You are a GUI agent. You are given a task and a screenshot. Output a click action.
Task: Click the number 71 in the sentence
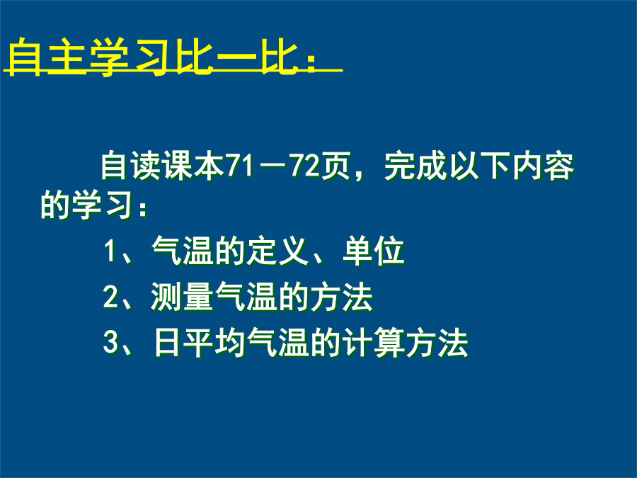coord(241,166)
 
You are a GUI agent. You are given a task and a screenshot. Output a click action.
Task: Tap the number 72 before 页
coord(304,166)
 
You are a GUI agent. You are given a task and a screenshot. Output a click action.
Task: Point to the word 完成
coord(415,166)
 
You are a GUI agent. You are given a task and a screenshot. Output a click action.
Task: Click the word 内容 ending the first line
coord(543,166)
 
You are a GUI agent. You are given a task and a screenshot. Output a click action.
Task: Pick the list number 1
coord(110,251)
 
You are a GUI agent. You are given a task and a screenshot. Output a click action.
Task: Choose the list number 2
coord(110,297)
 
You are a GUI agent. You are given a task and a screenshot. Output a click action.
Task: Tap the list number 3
coord(110,342)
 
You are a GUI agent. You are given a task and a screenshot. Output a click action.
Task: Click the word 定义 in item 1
coord(279,251)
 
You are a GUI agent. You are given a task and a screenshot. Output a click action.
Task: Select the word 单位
coord(373,251)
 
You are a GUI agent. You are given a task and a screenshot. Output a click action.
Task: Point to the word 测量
coord(183,297)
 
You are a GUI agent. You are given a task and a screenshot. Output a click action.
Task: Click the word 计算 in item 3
coord(373,343)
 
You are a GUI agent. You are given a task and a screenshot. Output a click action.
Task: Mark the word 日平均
coord(199,343)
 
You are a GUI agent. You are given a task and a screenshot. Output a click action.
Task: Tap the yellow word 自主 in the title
coord(46,57)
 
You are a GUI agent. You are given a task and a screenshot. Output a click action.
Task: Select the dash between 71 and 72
coord(272,167)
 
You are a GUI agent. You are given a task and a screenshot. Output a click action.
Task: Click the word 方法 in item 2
coord(342,297)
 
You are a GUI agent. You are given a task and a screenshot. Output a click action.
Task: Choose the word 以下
coord(479,166)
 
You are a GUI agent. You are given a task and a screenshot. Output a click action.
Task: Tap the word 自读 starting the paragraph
coord(132,166)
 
